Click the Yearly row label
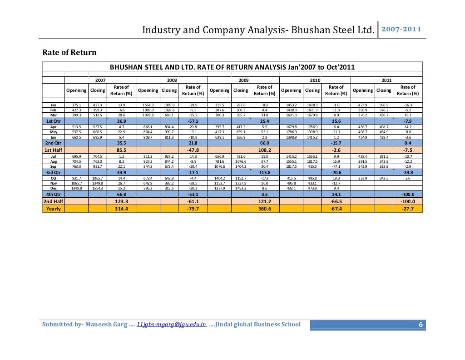(x=53, y=209)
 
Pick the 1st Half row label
(x=53, y=150)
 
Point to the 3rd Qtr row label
(x=53, y=172)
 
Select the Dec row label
(x=53, y=188)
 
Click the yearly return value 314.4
(x=121, y=209)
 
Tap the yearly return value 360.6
(x=264, y=209)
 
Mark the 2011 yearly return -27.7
(x=407, y=209)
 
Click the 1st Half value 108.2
(x=264, y=150)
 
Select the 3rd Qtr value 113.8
(x=264, y=172)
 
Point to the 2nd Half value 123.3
(x=121, y=201)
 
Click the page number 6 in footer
(x=420, y=325)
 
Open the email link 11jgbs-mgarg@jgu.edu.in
(x=172, y=325)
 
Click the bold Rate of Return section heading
(x=69, y=52)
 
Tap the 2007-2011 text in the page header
(x=401, y=30)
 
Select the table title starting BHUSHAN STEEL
(x=232, y=67)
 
